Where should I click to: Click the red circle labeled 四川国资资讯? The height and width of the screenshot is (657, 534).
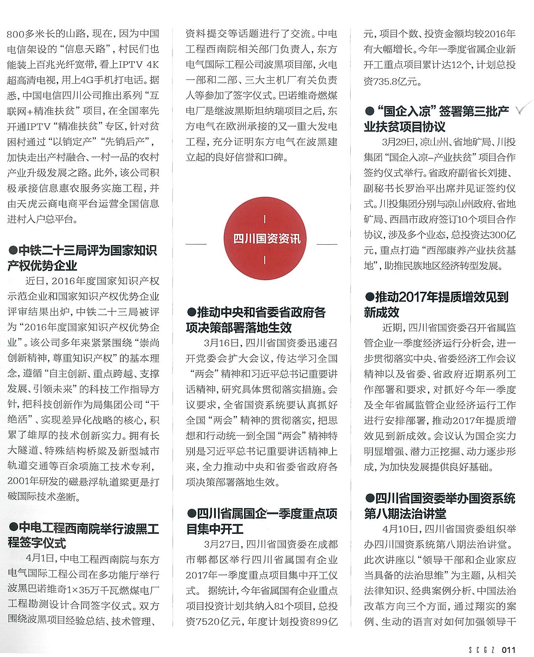pos(265,238)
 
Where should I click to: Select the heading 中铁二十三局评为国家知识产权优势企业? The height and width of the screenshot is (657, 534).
pos(82,258)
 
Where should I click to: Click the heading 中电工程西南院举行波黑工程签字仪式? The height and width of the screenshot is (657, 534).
pos(83,535)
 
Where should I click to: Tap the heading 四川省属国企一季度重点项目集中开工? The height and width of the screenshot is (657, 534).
pos(261,521)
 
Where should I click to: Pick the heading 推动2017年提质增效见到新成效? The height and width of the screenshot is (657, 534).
pos(437,304)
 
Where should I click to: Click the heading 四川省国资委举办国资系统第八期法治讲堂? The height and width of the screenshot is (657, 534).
pos(440,506)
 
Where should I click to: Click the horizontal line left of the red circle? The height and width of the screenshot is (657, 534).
pos(196,244)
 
